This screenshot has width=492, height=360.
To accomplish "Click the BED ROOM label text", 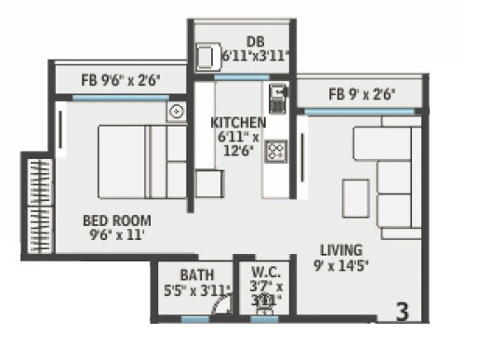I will coord(117,220).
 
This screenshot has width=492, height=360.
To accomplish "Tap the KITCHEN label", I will coord(238,123).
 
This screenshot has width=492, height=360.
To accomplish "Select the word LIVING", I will coord(341,251).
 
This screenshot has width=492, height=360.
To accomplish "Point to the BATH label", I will coord(197,275).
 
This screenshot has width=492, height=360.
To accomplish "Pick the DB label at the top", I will coord(256,40).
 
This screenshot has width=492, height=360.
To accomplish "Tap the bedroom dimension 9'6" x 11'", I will coord(116,235).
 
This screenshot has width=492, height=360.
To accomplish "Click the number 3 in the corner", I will coord(403,312).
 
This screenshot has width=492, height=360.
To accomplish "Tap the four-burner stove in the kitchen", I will coord(276,151).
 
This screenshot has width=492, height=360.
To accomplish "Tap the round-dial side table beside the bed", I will coord(177,112).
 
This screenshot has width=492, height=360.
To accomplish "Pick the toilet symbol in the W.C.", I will coord(266,300).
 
